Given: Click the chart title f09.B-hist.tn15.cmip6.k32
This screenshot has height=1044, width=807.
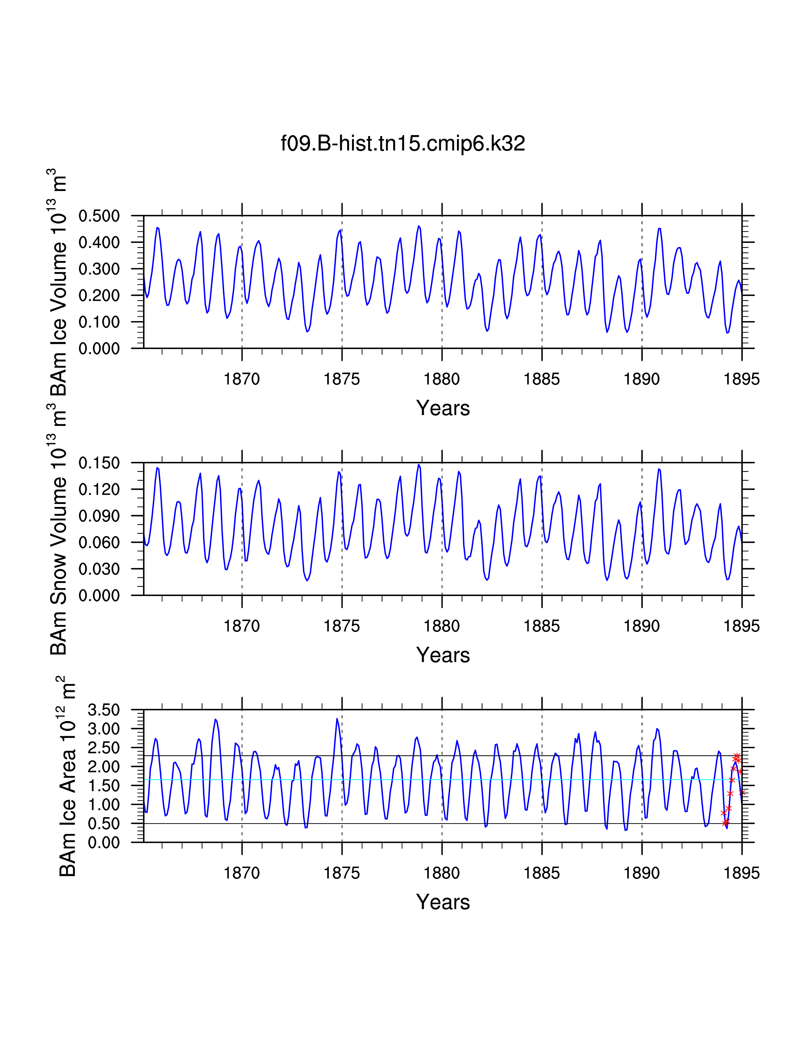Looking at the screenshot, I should pos(403,143).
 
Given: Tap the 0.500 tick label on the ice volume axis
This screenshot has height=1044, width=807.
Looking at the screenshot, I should pos(99,216).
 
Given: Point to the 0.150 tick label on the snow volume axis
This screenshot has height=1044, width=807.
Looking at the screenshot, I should pos(99,463).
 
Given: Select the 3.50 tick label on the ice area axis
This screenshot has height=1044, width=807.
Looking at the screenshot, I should pos(103,710).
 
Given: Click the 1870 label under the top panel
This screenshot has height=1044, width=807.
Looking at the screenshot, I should pos(241,379).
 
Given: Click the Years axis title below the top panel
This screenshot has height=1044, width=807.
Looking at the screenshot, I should pos(443,408).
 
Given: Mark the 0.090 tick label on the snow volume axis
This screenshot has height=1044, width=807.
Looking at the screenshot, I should pos(99,516).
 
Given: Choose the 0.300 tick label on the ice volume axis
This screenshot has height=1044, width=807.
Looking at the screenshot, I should pos(99,269).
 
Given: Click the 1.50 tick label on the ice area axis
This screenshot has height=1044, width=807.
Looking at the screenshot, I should pos(103,786).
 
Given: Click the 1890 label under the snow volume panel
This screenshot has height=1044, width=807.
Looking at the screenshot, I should pos(641,626).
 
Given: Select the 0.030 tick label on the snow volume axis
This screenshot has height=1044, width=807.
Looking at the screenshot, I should pos(99,569).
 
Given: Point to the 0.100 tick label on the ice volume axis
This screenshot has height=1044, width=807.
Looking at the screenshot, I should pos(99,322).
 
